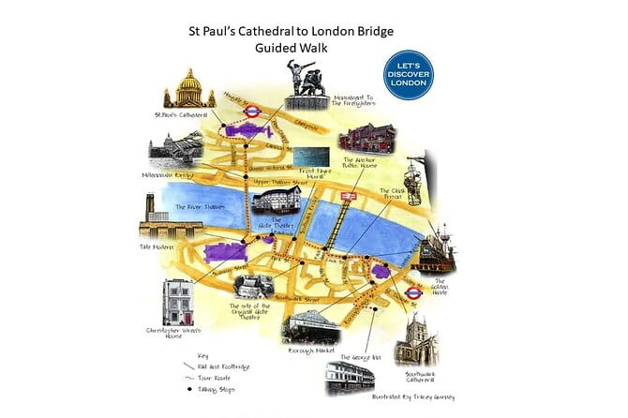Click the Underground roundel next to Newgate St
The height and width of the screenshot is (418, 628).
(x=251, y=111)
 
